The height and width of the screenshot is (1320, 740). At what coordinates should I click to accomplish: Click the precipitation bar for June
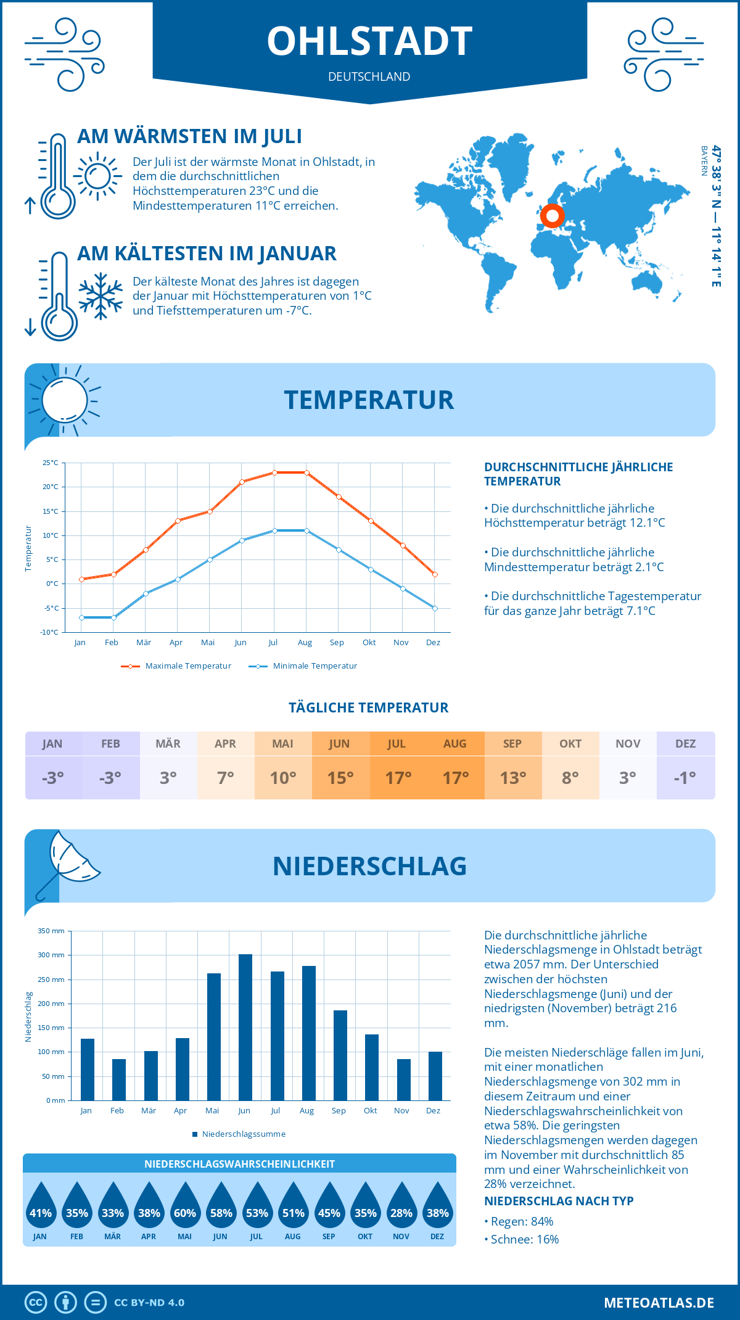coord(245,1027)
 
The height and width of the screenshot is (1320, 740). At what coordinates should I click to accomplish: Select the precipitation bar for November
coord(404,1079)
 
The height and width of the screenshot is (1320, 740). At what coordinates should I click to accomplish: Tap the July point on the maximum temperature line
coord(274,472)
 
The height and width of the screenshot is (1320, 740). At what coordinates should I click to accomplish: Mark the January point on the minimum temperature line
coord(81,617)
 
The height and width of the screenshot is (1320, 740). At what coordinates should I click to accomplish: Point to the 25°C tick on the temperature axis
coord(51,463)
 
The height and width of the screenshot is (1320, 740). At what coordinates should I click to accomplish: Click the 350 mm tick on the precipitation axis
coord(51,931)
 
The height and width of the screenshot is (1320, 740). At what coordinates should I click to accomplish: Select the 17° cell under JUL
coord(398,778)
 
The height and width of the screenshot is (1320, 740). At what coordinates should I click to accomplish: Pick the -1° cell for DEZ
coord(685,778)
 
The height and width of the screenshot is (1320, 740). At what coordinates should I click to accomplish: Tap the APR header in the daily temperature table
coord(225,744)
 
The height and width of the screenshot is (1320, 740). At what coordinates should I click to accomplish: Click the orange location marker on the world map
coord(552,216)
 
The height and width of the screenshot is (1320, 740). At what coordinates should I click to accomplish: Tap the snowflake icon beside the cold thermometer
coord(101,296)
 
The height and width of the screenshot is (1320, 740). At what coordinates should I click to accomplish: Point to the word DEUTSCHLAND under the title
coord(369,77)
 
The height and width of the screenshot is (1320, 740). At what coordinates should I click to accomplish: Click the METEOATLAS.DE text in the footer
coord(659,1303)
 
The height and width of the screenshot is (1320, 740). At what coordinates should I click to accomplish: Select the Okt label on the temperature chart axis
coord(369,643)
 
